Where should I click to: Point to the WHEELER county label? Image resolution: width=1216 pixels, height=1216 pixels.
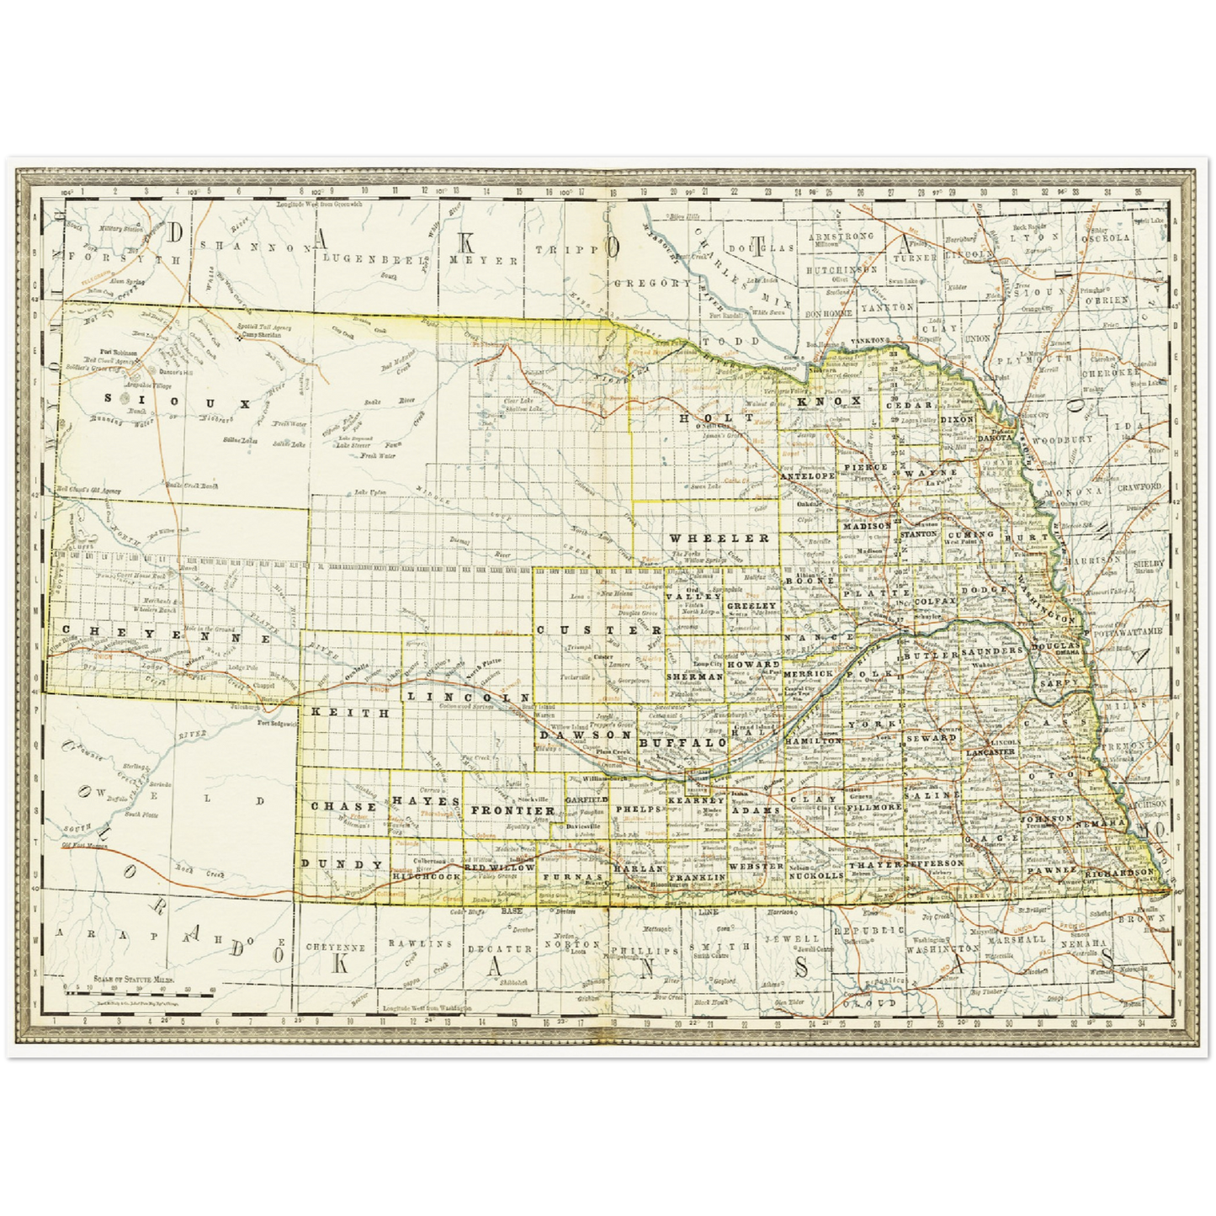coord(720,537)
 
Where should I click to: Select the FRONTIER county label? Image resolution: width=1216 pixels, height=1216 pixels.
coord(502,810)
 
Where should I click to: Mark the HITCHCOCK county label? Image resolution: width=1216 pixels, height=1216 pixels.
coord(427,876)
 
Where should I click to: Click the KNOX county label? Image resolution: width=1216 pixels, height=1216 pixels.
coord(829,401)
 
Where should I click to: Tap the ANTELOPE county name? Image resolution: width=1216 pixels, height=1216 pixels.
coord(807,475)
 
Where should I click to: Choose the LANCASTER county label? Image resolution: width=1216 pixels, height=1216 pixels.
coord(990,751)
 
